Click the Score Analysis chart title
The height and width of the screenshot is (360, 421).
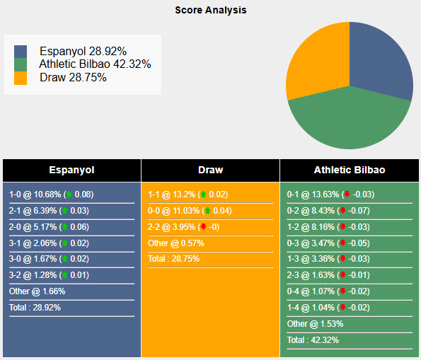[x=210, y=11]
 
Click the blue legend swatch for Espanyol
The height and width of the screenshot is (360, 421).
[x=21, y=52]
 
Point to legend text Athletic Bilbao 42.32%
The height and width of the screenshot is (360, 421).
[x=95, y=64]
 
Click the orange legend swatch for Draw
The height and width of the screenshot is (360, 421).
[x=21, y=78]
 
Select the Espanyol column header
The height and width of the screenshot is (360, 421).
[x=71, y=170]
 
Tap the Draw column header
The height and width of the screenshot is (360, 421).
[x=210, y=170]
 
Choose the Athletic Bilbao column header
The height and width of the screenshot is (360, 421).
[x=349, y=170]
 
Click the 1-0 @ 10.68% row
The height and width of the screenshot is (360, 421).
[x=35, y=194]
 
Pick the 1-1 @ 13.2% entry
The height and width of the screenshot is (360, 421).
[x=172, y=194]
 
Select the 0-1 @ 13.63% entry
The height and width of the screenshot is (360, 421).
[x=312, y=194]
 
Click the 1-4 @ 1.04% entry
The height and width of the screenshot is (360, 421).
[x=312, y=308]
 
